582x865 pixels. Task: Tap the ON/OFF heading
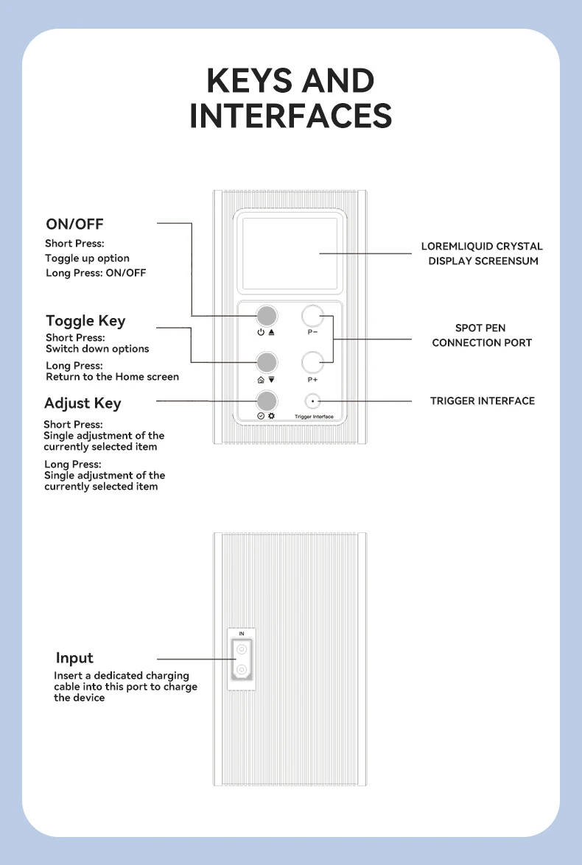click(x=74, y=224)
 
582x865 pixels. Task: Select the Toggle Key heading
click(x=85, y=321)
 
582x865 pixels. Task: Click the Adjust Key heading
click(x=83, y=403)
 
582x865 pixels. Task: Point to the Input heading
click(x=74, y=658)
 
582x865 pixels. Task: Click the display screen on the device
click(x=290, y=253)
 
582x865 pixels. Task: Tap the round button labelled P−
click(x=313, y=316)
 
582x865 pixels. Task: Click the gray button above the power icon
click(x=267, y=316)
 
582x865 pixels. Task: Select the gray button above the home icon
click(x=267, y=362)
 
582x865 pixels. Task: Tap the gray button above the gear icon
click(x=267, y=400)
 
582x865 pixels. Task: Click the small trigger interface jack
click(x=313, y=401)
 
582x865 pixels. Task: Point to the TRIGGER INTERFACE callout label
click(x=483, y=401)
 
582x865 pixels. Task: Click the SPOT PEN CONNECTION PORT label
click(x=482, y=335)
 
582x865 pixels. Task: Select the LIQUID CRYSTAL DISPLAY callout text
click(x=483, y=253)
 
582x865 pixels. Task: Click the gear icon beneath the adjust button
click(x=271, y=417)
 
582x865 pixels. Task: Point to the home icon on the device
click(x=260, y=380)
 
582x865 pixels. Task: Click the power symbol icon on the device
click(x=260, y=333)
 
